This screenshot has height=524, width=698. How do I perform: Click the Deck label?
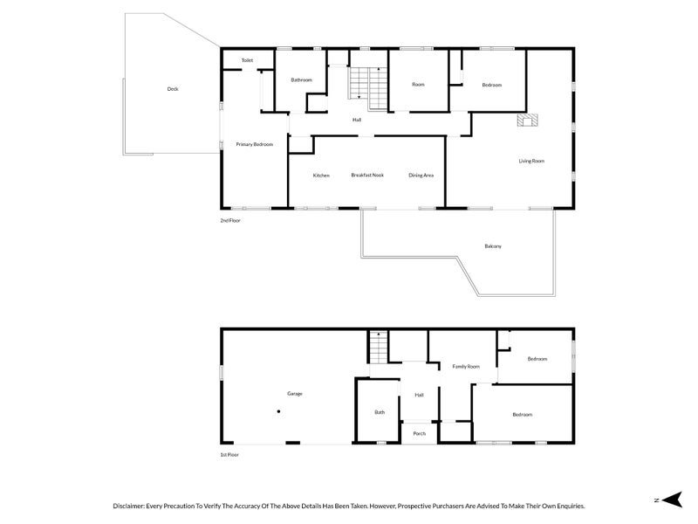(x=172, y=89)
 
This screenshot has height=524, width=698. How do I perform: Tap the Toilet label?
(x=247, y=60)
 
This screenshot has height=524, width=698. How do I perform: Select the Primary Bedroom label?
(x=255, y=144)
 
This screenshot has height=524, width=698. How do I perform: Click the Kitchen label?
(x=321, y=176)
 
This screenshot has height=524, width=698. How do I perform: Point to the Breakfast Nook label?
(x=367, y=176)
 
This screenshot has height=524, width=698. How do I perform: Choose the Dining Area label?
(x=421, y=176)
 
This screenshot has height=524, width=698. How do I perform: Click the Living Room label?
(x=531, y=161)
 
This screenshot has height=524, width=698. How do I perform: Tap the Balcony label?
(x=493, y=246)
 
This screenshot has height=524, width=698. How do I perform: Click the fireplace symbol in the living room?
(x=527, y=121)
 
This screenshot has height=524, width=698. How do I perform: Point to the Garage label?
(x=295, y=394)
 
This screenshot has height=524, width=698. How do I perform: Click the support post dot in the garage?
(x=278, y=411)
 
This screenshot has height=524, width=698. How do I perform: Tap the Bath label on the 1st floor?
(x=380, y=412)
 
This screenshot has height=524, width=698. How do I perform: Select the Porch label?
(x=420, y=433)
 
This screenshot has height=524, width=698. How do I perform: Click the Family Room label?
(x=466, y=367)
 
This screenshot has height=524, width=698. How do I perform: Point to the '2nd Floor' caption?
(x=230, y=221)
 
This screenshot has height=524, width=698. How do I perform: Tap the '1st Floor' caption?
(x=229, y=455)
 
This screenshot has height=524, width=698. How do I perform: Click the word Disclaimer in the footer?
(x=131, y=506)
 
